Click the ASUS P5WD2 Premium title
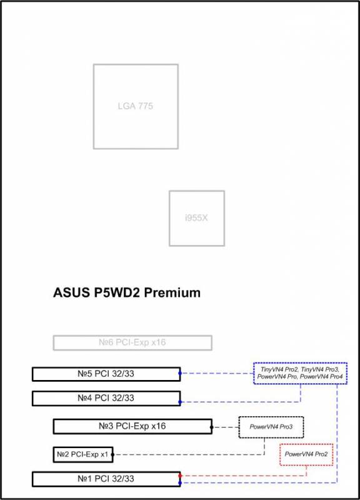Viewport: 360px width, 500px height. click(x=127, y=292)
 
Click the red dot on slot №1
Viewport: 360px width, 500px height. click(x=180, y=476)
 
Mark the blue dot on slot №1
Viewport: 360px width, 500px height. click(x=180, y=483)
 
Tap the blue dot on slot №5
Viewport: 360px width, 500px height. click(x=180, y=373)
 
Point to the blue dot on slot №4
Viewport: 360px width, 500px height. click(x=180, y=402)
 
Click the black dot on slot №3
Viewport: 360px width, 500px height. click(x=212, y=427)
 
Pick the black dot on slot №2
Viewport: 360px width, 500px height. click(x=112, y=455)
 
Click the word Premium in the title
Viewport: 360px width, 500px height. click(x=172, y=292)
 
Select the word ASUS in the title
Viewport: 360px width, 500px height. click(x=71, y=292)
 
